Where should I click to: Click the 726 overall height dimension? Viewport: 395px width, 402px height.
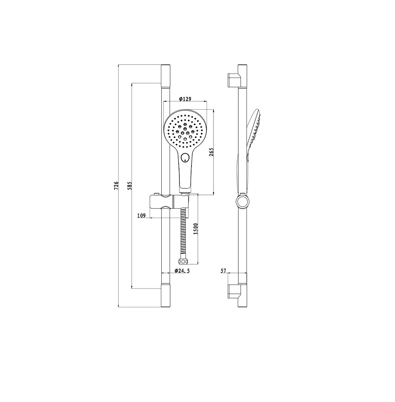(116, 185)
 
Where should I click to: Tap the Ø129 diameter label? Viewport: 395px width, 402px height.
(185, 99)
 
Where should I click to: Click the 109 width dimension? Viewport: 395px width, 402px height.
(142, 215)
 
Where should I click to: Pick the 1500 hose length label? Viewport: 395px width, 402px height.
(196, 229)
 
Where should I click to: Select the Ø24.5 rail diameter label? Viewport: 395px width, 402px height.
(182, 271)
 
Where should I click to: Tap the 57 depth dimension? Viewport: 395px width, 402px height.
(223, 271)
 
